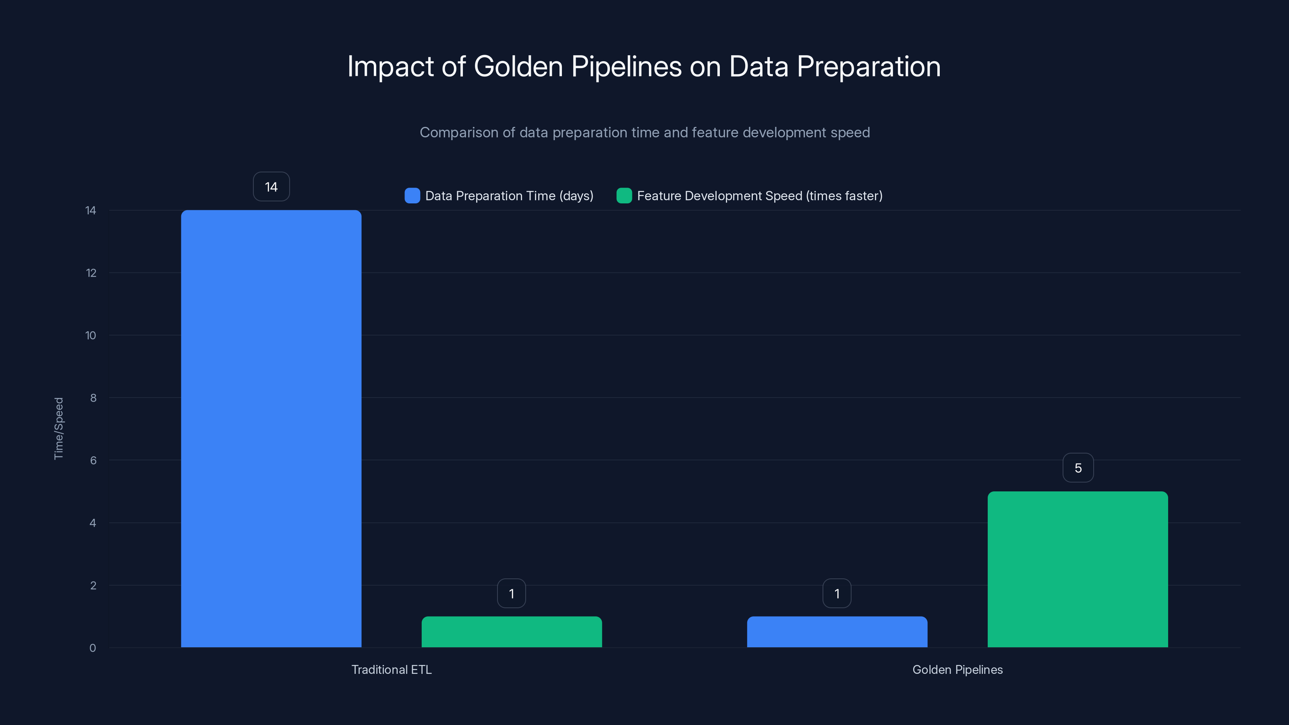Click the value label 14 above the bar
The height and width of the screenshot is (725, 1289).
pyautogui.click(x=271, y=186)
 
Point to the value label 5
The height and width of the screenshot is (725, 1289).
pyautogui.click(x=1078, y=468)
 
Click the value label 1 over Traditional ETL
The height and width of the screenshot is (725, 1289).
pyautogui.click(x=512, y=593)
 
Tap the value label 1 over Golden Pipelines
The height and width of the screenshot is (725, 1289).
pyautogui.click(x=837, y=593)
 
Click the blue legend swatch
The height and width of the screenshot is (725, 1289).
pyautogui.click(x=412, y=196)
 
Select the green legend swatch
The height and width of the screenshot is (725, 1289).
pyautogui.click(x=624, y=196)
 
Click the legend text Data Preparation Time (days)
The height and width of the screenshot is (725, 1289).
pyautogui.click(x=509, y=196)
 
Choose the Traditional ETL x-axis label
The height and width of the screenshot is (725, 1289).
pyautogui.click(x=391, y=669)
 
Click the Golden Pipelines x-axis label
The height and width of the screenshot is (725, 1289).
pyautogui.click(x=957, y=669)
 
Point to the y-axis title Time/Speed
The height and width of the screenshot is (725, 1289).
pyautogui.click(x=58, y=428)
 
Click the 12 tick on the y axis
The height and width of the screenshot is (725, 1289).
pyautogui.click(x=91, y=273)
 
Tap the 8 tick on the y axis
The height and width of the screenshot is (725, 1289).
pyautogui.click(x=93, y=398)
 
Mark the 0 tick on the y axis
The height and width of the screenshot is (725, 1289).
pyautogui.click(x=93, y=648)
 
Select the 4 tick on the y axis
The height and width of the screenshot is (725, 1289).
pyautogui.click(x=93, y=523)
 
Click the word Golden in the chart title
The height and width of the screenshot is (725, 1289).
pyautogui.click(x=518, y=66)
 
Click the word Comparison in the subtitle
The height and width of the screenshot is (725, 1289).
pyautogui.click(x=459, y=133)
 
